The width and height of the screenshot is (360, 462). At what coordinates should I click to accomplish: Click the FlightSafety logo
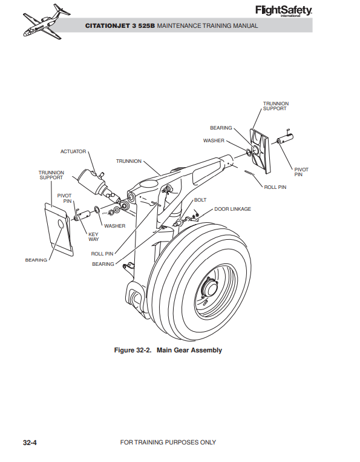pos(284,11)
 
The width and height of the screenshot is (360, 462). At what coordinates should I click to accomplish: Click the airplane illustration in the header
pos(47,22)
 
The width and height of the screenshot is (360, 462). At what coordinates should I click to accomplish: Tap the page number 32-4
pos(30,443)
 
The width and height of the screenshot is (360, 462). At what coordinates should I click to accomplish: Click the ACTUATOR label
pos(73,151)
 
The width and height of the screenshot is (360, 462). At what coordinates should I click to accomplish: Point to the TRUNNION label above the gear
pos(129,161)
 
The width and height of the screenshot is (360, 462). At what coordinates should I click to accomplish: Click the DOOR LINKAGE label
pos(232,209)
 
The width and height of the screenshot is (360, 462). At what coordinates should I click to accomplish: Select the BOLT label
pos(200,200)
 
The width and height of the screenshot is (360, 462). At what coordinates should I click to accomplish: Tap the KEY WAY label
pos(94,237)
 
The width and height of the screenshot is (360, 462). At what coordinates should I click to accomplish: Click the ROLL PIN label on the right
pos(275,187)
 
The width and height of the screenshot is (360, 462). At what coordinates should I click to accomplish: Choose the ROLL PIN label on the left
pos(102,254)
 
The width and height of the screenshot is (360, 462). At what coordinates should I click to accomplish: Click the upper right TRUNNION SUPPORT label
pos(276,106)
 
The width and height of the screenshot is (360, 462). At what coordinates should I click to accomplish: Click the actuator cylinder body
pos(92,183)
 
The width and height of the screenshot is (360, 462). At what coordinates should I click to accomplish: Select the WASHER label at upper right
pos(214,140)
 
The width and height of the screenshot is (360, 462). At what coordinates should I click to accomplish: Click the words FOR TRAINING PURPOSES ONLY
pos(168,442)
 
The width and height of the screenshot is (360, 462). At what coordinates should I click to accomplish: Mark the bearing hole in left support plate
pos(61,224)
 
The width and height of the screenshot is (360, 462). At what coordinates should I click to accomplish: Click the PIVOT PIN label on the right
pos(301,172)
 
